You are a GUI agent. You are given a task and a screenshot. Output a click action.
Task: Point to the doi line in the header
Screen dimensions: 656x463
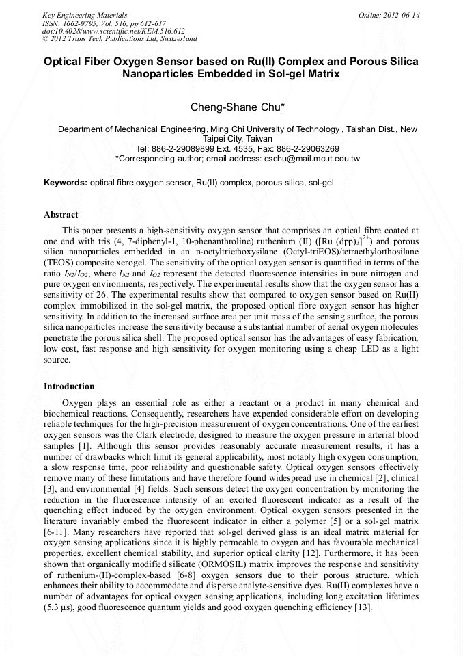click(113, 31)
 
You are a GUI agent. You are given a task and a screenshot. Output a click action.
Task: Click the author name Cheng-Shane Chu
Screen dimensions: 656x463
click(231, 107)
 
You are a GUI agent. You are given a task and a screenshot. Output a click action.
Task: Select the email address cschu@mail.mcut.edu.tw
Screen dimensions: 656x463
click(311, 159)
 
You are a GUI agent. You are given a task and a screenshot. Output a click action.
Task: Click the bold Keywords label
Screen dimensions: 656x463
click(66, 183)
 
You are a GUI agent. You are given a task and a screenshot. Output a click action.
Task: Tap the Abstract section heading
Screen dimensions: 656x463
click(61, 215)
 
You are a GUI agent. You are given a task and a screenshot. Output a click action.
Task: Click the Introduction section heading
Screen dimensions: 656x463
click(69, 386)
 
